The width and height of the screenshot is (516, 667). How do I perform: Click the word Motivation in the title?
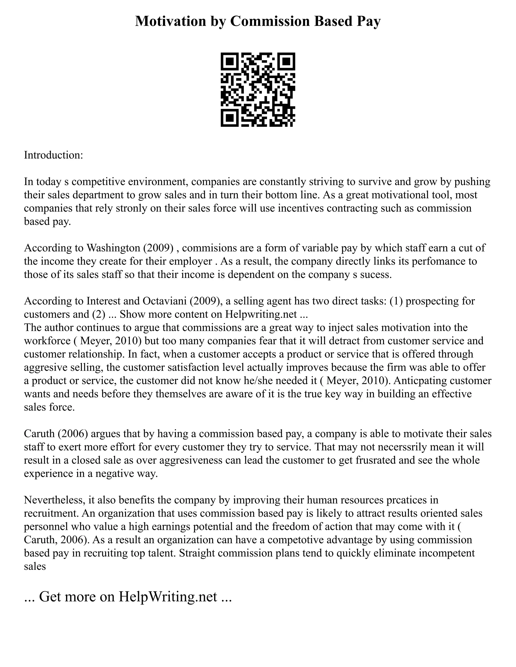click(171, 21)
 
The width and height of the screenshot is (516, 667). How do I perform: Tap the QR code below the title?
click(258, 90)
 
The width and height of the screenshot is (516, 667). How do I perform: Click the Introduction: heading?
click(53, 155)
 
